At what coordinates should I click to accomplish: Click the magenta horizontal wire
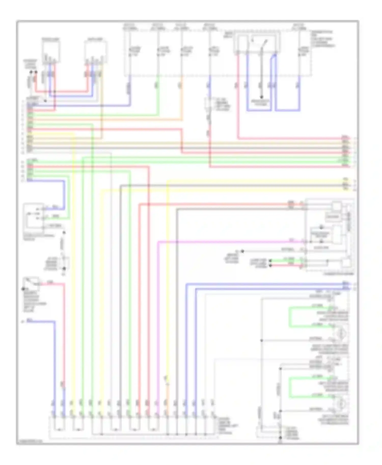pos(229,242)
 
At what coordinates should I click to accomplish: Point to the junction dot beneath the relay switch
pos(261,97)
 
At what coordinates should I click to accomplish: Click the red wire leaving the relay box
pos(238,102)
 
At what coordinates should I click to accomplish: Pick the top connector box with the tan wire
pos(95,51)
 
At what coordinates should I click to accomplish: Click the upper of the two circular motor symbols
pos(340,333)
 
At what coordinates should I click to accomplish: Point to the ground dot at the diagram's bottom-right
pos(280,438)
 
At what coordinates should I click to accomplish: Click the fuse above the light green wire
pos(158,51)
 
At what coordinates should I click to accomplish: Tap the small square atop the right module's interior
pos(336,206)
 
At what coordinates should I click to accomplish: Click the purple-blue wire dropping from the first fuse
pos(130,89)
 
